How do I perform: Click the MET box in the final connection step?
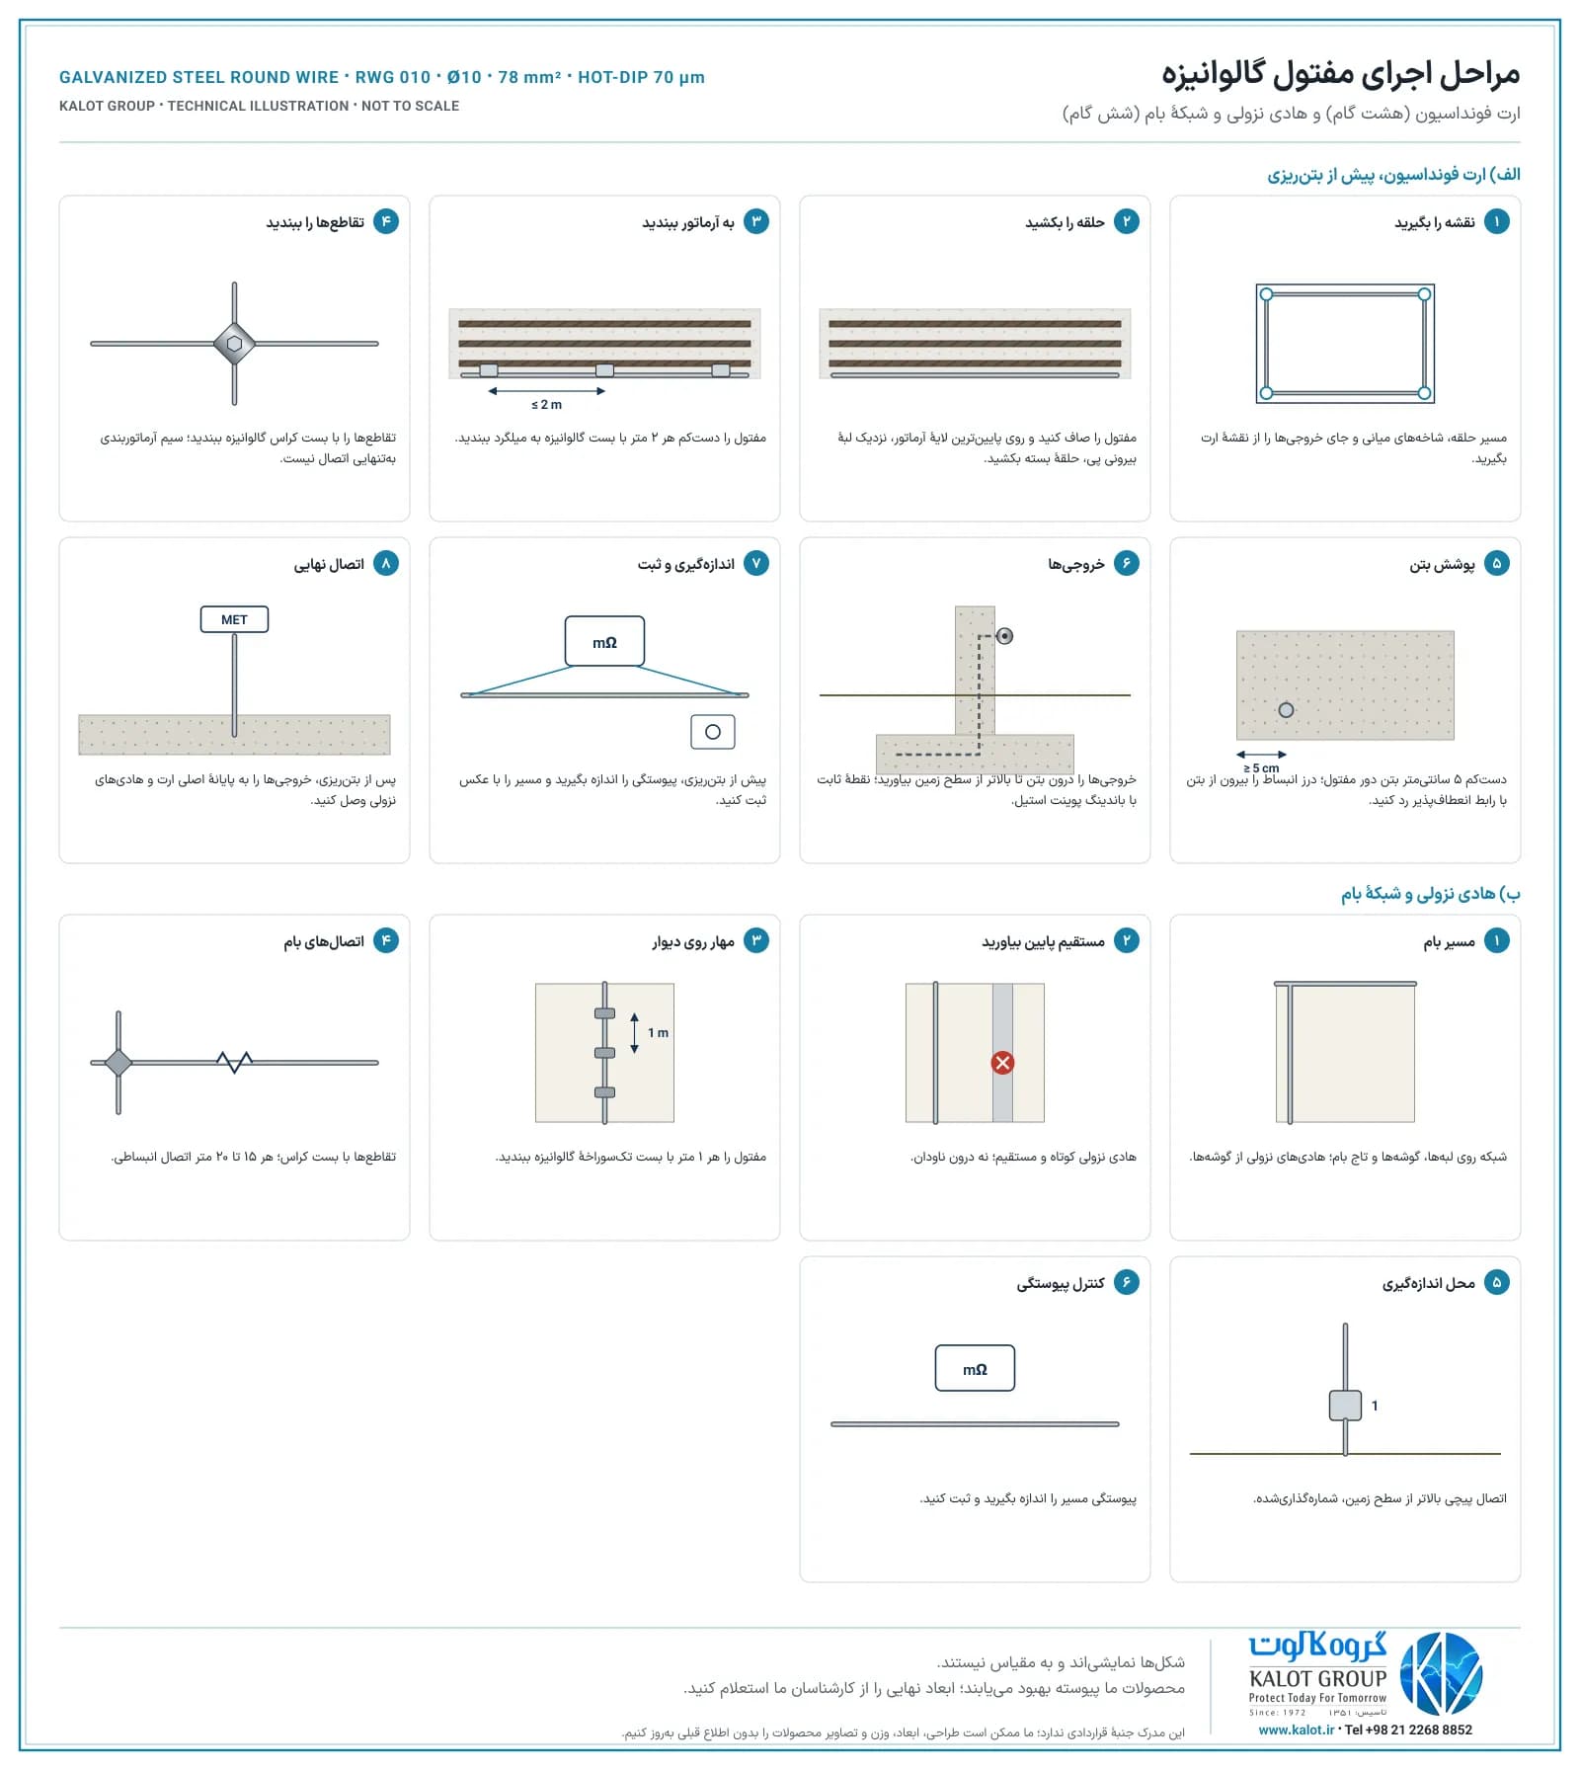[234, 619]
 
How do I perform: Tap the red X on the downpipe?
[1002, 1063]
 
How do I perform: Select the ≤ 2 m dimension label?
[546, 404]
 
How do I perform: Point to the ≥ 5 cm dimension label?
[1261, 767]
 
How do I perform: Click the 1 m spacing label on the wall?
[658, 1032]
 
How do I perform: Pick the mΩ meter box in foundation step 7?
[604, 642]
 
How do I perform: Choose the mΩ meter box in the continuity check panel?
[975, 1368]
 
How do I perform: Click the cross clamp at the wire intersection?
[234, 344]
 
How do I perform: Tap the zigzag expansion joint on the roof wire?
[234, 1062]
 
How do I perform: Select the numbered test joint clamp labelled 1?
[1345, 1405]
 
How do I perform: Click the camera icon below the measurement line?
[713, 731]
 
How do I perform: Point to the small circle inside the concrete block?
[1286, 709]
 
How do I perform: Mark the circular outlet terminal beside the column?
[1004, 636]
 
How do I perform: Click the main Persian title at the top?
[1340, 74]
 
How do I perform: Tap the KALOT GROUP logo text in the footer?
[1317, 1678]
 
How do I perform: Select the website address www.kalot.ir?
[1296, 1730]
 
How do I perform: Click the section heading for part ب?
[1430, 893]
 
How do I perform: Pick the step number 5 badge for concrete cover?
[1496, 563]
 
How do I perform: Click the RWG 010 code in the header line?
[393, 77]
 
